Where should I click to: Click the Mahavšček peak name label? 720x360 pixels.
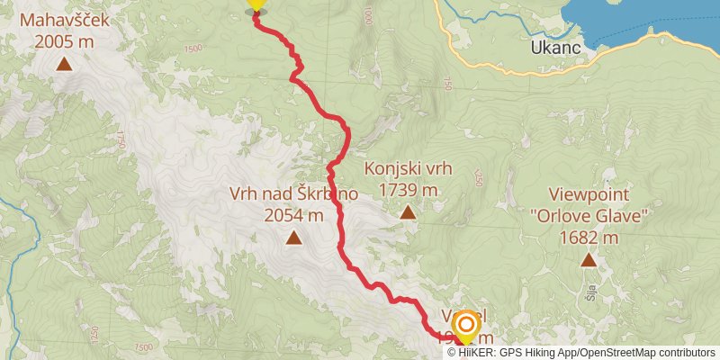click(64, 20)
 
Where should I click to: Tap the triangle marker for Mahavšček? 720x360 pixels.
click(65, 63)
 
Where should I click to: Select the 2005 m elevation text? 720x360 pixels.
click(64, 40)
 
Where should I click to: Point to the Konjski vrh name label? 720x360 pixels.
click(408, 168)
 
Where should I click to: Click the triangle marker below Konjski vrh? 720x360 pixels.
click(408, 212)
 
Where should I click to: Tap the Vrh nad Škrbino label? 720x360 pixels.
click(293, 193)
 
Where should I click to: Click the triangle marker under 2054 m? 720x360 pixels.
click(293, 238)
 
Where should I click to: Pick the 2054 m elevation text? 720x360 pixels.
click(293, 215)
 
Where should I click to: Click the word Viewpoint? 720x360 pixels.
click(589, 195)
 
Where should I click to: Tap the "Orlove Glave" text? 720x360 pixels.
click(589, 216)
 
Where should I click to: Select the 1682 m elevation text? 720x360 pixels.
click(589, 238)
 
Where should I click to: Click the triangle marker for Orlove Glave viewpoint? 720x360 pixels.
click(589, 260)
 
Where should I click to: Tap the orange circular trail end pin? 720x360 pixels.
click(466, 325)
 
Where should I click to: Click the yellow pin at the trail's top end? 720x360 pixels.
click(256, 4)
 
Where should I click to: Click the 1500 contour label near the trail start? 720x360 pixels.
click(192, 48)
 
